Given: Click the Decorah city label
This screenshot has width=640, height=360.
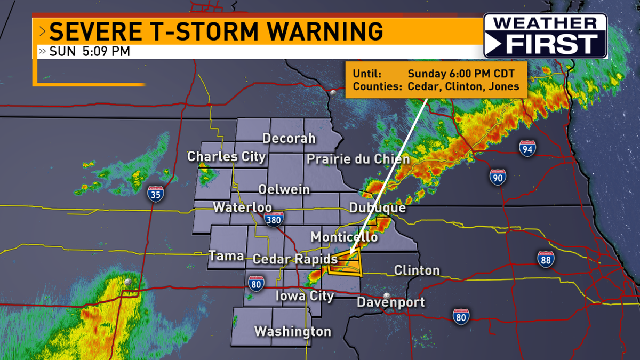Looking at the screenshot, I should pos(289,139).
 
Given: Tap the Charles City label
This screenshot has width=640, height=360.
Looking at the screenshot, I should pos(226,157).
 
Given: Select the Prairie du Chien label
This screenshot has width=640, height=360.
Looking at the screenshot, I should pos(358,159).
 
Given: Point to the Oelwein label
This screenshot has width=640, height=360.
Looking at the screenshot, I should pos(284,189).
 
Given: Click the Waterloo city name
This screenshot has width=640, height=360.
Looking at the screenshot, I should pos(243,207).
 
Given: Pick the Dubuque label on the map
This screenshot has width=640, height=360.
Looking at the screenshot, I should pos(378,208).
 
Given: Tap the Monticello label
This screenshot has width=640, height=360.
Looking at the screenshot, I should pos(344,236).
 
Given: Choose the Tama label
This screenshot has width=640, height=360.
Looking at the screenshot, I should pos(226,256).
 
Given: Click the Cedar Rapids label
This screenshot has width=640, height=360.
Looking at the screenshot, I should pos(295,259).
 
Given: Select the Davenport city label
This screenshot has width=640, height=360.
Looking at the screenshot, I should pos(391,302).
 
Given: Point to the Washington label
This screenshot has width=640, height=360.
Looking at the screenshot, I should pos(293,331).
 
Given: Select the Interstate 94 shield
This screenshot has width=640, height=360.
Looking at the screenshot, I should pos(527,148).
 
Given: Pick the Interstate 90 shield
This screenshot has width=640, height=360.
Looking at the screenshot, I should pos(497,177).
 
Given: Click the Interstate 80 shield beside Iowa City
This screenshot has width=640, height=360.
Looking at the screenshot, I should pos(256,283).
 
